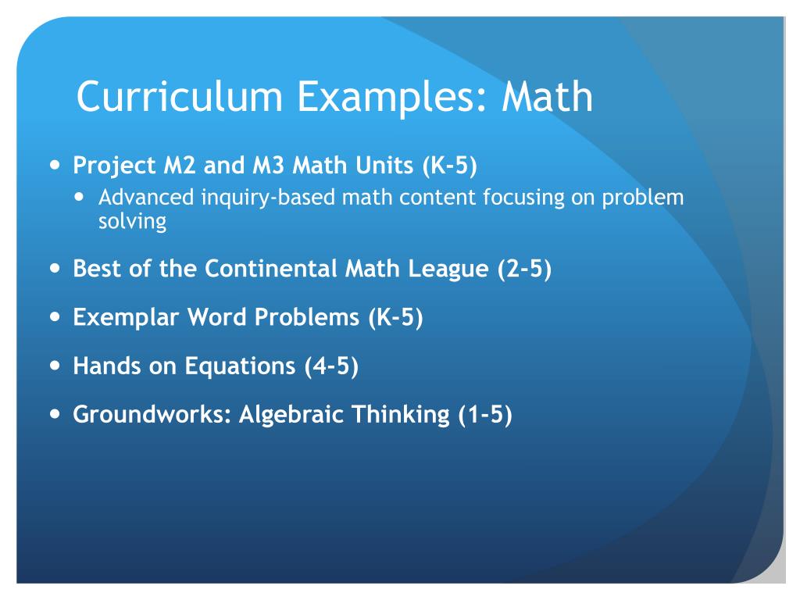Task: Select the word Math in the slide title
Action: click(547, 97)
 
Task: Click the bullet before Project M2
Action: click(54, 166)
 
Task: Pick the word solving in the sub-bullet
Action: click(132, 222)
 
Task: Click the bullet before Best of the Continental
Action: click(54, 269)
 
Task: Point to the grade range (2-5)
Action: click(524, 270)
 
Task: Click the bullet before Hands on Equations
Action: click(54, 365)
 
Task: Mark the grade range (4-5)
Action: click(331, 366)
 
